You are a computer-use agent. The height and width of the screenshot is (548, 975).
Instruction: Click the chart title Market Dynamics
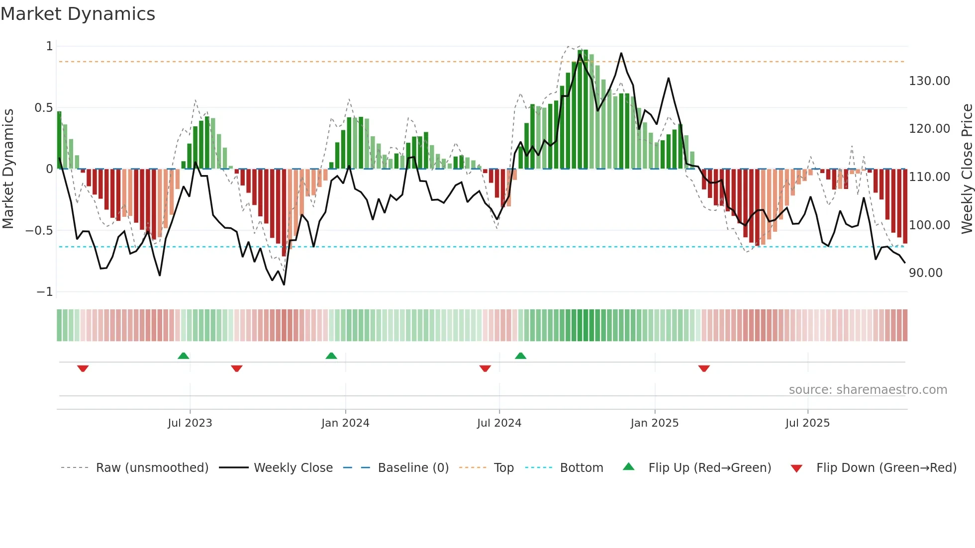(x=78, y=14)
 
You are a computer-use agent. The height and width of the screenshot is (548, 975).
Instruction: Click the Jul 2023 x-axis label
(x=190, y=423)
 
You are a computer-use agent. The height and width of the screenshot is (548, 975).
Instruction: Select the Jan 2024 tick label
(x=345, y=423)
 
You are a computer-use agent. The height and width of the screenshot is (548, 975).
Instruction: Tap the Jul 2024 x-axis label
(x=499, y=423)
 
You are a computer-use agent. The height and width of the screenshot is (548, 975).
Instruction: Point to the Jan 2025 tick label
(x=654, y=423)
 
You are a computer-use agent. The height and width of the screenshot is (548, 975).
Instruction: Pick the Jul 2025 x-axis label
(x=807, y=423)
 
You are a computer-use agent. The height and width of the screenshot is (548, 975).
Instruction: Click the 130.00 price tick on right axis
(x=929, y=81)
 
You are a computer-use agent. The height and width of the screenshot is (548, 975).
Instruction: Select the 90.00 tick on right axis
(x=925, y=273)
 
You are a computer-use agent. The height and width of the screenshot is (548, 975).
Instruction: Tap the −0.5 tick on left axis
(x=39, y=230)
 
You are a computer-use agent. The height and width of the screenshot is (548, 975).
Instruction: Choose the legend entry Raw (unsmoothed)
(x=152, y=467)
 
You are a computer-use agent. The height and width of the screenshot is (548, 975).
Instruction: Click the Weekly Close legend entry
(x=293, y=467)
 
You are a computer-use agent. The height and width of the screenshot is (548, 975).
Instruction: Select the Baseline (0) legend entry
(x=413, y=467)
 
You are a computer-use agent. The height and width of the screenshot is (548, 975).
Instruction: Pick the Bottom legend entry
(x=581, y=467)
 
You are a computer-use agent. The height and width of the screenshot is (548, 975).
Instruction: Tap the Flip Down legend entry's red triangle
(x=796, y=468)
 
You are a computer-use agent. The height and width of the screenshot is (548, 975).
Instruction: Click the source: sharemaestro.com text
(x=868, y=389)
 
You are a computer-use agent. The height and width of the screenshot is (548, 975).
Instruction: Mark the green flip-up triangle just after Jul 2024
(x=520, y=356)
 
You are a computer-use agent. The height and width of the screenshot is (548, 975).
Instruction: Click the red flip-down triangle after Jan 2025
(x=704, y=368)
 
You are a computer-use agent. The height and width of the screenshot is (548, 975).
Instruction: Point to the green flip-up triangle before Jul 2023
(x=183, y=356)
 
